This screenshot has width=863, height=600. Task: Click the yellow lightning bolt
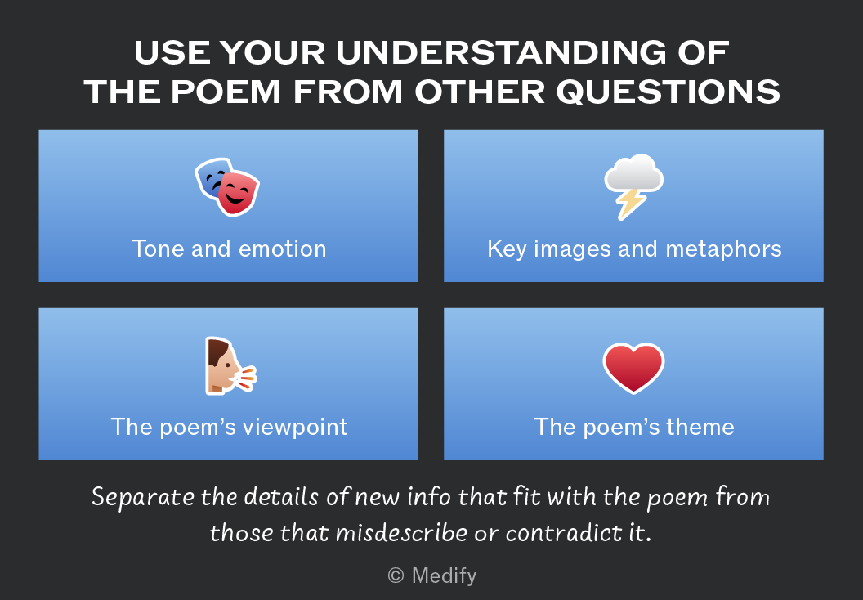[630, 204]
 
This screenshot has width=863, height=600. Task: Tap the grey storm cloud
[634, 172]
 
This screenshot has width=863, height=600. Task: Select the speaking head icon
[230, 365]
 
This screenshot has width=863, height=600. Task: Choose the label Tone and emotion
[229, 249]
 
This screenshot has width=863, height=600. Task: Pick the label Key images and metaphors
[634, 249]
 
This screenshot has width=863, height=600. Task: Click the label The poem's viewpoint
[229, 428]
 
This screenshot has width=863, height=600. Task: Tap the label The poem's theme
[634, 428]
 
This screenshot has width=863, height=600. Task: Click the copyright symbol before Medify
[396, 575]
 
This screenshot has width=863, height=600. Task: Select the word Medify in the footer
[444, 575]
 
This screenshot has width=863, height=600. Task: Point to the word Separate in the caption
[142, 497]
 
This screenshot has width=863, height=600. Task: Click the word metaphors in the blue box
[724, 249]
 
